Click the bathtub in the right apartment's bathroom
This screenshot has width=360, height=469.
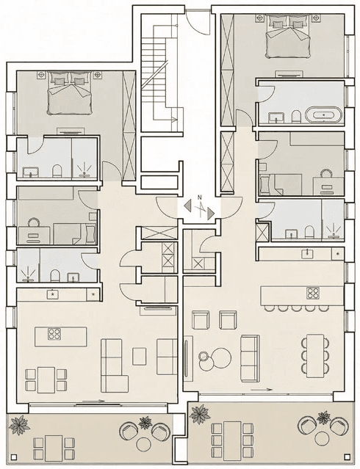pyautogui.click(x=323, y=114)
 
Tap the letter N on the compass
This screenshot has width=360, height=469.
pyautogui.click(x=199, y=197)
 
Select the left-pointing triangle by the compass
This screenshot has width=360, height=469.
pyautogui.click(x=188, y=206)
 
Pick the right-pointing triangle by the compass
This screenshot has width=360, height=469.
pyautogui.click(x=211, y=214)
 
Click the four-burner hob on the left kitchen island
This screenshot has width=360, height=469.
pyautogui.click(x=54, y=334)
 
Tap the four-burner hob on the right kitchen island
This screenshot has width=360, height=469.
pyautogui.click(x=313, y=293)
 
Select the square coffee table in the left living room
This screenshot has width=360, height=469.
pyautogui.click(x=140, y=356)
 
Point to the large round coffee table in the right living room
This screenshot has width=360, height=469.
pyautogui.click(x=221, y=357)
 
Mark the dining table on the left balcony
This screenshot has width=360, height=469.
pyautogui.click(x=54, y=447)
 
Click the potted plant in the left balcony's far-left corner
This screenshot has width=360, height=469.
pyautogui.click(x=19, y=425)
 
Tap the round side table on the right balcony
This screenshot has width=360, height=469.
pyautogui.click(x=323, y=439)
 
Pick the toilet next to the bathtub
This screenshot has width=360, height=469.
pyautogui.click(x=296, y=116)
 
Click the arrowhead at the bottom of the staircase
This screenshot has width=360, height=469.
pyautogui.click(x=175, y=120)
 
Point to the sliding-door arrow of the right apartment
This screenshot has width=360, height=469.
pyautogui.click(x=261, y=390)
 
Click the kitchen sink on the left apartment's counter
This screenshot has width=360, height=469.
pyautogui.click(x=53, y=294)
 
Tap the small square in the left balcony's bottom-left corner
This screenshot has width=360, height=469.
pyautogui.click(x=13, y=457)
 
